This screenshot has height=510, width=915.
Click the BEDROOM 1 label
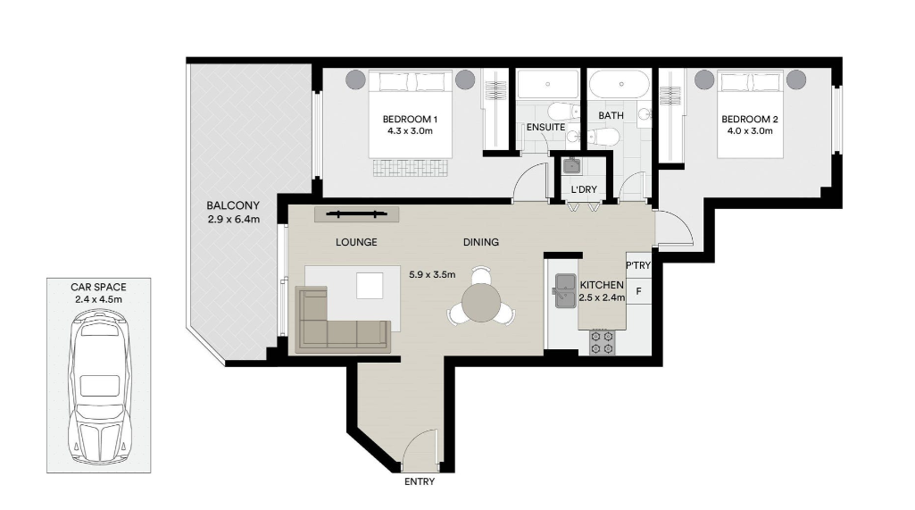tap(410, 119)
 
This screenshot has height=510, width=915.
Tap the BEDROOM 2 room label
tap(749, 119)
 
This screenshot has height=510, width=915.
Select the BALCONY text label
tap(233, 205)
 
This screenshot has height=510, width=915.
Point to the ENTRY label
tap(420, 482)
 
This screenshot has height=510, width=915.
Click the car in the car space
tap(99, 387)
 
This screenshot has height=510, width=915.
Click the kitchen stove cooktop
tap(602, 342)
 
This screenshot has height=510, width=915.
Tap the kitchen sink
tap(565, 291)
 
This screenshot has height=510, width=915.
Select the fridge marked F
tap(638, 290)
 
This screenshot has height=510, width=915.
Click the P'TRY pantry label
tap(637, 265)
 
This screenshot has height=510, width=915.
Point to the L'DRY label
tap(584, 189)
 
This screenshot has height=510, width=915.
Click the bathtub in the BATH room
tap(619, 84)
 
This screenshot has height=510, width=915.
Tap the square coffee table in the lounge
tap(370, 286)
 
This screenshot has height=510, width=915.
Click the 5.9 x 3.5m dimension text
tap(432, 274)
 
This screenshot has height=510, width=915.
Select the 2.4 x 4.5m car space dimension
tap(98, 300)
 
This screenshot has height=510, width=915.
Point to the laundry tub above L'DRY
tap(571, 166)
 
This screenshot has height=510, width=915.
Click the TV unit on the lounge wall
tap(356, 214)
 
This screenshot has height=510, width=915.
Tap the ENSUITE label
tap(545, 127)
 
